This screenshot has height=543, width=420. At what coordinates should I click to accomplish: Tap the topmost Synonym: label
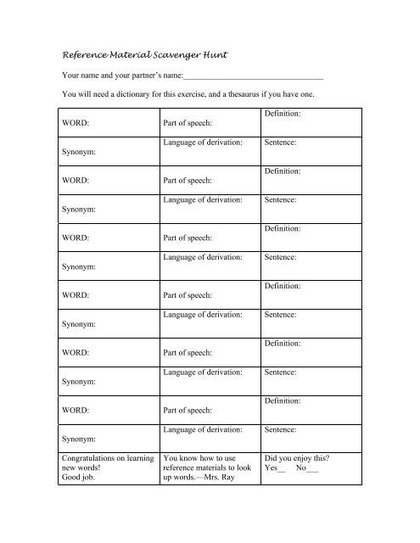(x=76, y=152)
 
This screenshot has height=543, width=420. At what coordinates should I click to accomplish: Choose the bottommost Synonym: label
(x=76, y=439)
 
